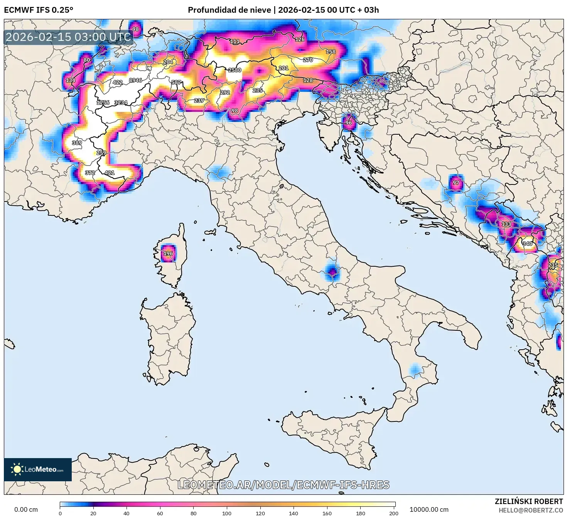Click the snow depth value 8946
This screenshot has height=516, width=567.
pyautogui.click(x=135, y=80)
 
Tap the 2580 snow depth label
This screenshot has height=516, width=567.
pyautogui.click(x=235, y=70)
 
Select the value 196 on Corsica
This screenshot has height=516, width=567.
pyautogui.click(x=168, y=254)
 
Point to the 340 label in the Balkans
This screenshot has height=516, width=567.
pyautogui.click(x=527, y=244)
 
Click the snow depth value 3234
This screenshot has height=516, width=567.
pyautogui.click(x=121, y=103)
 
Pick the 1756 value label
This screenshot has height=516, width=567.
pyautogui.click(x=103, y=103)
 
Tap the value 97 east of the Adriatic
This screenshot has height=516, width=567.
pyautogui.click(x=456, y=183)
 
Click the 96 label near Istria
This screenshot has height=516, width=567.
pyautogui.click(x=348, y=123)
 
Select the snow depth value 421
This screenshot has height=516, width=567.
pyautogui.click(x=110, y=173)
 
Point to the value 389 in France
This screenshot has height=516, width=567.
pyautogui.click(x=77, y=143)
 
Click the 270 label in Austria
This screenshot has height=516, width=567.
pyautogui.click(x=308, y=60)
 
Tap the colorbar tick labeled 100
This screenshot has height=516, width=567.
pyautogui.click(x=227, y=513)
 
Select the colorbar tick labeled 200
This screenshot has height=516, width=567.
pyautogui.click(x=393, y=513)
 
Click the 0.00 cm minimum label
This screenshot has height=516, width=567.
pyautogui.click(x=26, y=509)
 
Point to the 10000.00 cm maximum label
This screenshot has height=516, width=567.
pyautogui.click(x=429, y=509)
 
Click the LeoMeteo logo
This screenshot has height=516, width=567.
pyautogui.click(x=38, y=469)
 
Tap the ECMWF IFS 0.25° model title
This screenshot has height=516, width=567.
pyautogui.click(x=39, y=10)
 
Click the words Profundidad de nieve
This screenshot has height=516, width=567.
pyautogui.click(x=229, y=10)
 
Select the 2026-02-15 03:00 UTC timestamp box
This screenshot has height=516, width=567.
pyautogui.click(x=69, y=37)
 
